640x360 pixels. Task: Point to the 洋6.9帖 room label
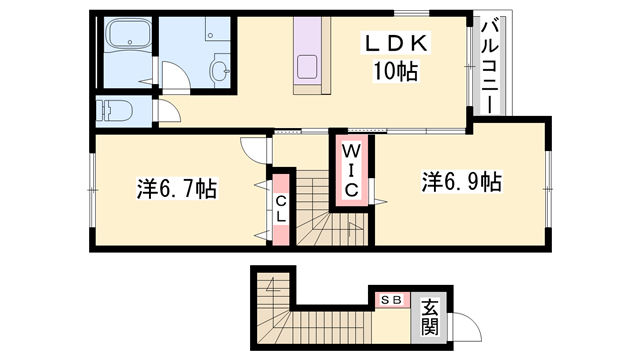pos(461,182)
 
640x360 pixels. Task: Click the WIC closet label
pos(351,171)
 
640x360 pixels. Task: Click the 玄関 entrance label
pos(430,318)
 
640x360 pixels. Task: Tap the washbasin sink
pos(219,71)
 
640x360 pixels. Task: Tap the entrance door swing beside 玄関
pos(463,326)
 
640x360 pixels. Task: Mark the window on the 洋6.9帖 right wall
pos(548,180)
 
